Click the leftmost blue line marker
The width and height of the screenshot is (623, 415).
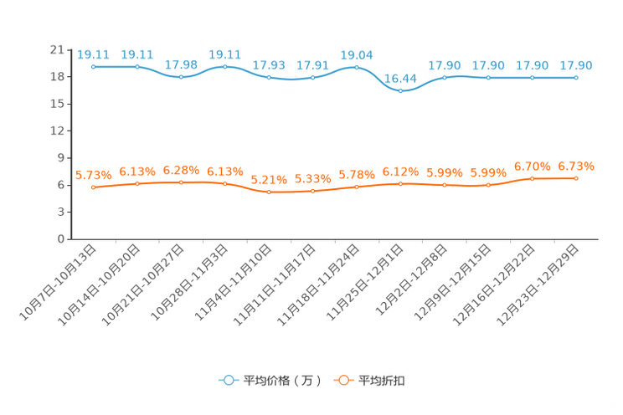point(94,66)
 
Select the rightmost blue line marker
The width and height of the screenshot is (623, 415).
point(576,77)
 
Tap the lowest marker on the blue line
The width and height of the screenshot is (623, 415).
point(401,90)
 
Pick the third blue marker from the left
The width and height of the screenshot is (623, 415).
point(181,77)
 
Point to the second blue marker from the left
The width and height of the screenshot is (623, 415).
point(137,66)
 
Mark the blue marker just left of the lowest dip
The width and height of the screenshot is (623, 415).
point(357,66)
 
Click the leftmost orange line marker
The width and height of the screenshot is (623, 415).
point(94,187)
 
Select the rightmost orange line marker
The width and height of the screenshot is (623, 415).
point(576,178)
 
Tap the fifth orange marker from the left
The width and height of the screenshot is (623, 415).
point(269,192)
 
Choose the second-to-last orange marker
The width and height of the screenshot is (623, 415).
point(533,178)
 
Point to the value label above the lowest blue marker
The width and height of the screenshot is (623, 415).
point(401,79)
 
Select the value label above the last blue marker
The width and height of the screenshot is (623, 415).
point(576,65)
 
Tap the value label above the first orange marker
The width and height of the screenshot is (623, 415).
point(94,176)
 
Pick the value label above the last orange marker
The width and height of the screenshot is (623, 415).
point(576,167)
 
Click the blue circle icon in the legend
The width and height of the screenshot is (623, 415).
point(228,380)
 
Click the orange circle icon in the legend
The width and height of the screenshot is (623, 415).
point(342,380)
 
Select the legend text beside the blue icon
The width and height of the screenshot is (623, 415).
point(282,381)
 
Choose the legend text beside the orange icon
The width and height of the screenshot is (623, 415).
point(382,381)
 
